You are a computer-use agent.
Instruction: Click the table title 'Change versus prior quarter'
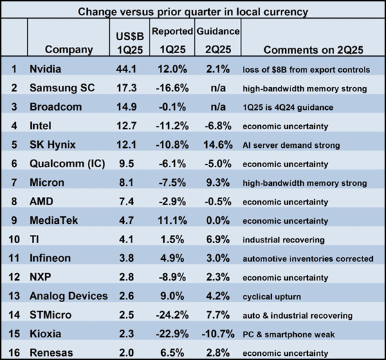click(x=193, y=11)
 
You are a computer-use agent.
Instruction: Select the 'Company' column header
click(x=68, y=49)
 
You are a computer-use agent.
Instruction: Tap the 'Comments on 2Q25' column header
click(x=309, y=49)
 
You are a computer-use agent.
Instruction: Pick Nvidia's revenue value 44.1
click(x=128, y=70)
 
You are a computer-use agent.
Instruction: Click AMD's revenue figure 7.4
click(x=128, y=202)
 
